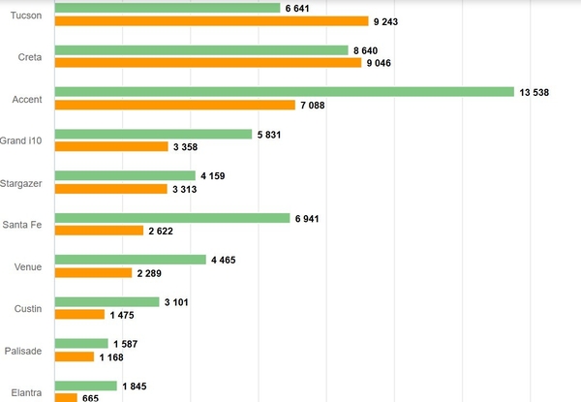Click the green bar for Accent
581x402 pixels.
284,92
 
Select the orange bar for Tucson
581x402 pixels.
211,21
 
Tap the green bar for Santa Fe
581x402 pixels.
171,218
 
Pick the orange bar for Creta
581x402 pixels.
207,63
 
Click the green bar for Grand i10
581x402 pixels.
153,134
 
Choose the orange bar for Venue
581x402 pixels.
93,273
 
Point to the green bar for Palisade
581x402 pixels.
81,344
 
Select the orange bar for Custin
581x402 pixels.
79,315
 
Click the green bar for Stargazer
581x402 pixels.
125,175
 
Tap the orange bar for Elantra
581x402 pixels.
66,397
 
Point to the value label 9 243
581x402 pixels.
388,21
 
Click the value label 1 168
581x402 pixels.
115,356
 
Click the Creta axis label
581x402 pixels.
30,57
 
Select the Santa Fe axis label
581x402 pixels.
22,225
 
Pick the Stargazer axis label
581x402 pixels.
21,183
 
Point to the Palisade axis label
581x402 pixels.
23,351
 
